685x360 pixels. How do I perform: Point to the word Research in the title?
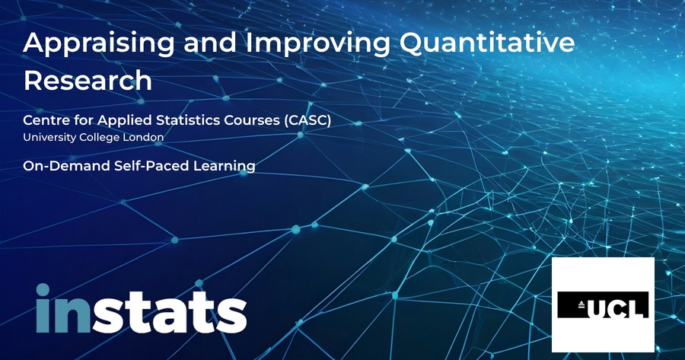click(x=88, y=81)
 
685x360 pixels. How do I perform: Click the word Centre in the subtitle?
click(x=43, y=120)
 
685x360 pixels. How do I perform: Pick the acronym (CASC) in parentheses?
click(x=307, y=120)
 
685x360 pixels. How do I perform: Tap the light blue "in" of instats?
click(x=63, y=308)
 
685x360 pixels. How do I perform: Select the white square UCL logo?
click(x=603, y=304)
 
